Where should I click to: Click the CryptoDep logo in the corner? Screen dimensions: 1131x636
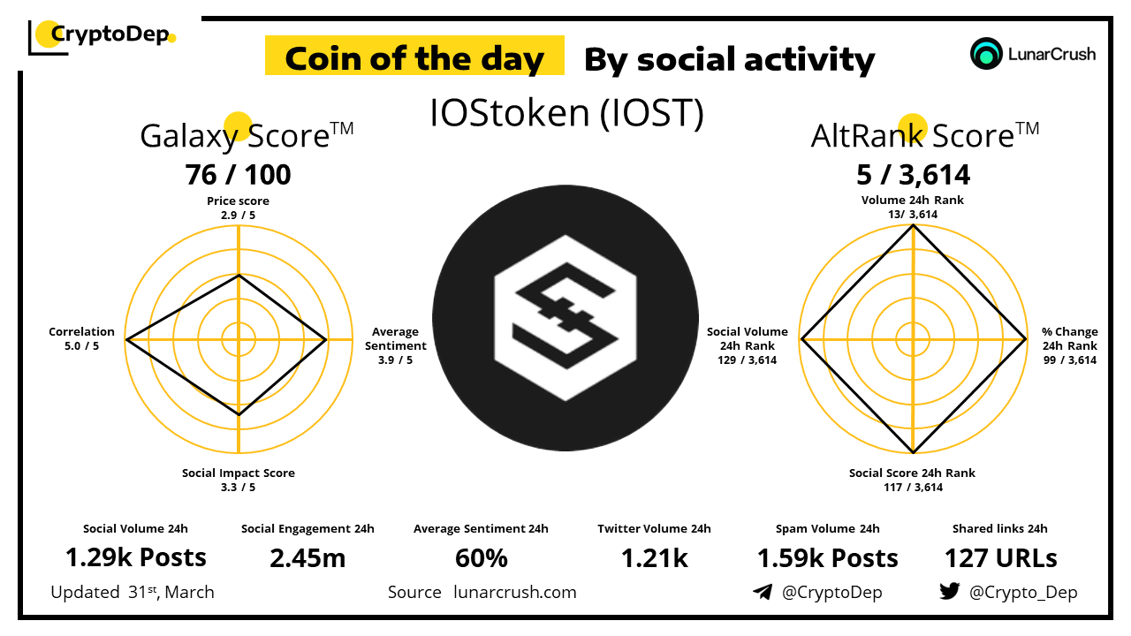pyautogui.click(x=102, y=37)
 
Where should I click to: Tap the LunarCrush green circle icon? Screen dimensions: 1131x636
pyautogui.click(x=985, y=54)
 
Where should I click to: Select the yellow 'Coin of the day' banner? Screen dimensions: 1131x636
pyautogui.click(x=414, y=56)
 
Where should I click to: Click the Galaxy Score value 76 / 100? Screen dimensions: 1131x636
pyautogui.click(x=238, y=175)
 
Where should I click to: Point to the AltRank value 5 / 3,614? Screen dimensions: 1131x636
pyautogui.click(x=913, y=175)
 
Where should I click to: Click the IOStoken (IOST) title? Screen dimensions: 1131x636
pyautogui.click(x=566, y=113)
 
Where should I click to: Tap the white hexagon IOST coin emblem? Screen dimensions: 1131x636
pyautogui.click(x=565, y=318)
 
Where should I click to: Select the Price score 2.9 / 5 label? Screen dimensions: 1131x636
pyautogui.click(x=238, y=208)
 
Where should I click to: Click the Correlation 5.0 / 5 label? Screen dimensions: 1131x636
pyautogui.click(x=81, y=338)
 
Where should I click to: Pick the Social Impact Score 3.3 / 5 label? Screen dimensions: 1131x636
pyautogui.click(x=239, y=480)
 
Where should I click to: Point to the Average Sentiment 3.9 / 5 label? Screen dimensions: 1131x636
pyautogui.click(x=395, y=345)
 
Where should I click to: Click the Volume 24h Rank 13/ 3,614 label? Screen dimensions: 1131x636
pyautogui.click(x=913, y=207)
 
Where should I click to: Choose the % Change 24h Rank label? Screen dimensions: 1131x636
pyautogui.click(x=1070, y=345)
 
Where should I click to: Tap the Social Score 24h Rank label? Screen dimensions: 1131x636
pyautogui.click(x=913, y=480)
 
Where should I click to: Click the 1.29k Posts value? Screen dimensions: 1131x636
pyautogui.click(x=136, y=557)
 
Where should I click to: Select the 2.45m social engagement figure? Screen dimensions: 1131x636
pyautogui.click(x=307, y=558)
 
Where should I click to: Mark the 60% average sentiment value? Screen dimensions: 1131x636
pyautogui.click(x=482, y=558)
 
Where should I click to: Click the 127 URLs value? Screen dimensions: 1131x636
pyautogui.click(x=1001, y=558)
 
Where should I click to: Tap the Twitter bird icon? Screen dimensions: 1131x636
pyautogui.click(x=950, y=591)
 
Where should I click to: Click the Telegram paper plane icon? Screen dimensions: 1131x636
pyautogui.click(x=763, y=592)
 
